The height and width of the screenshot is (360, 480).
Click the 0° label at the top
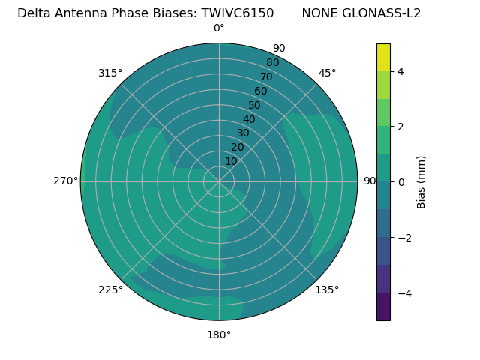click(219, 28)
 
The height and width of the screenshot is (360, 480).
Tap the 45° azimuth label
click(327, 73)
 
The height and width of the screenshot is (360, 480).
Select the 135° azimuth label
click(327, 289)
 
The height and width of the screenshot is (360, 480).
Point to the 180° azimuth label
click(219, 334)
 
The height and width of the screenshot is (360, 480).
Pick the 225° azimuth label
click(110, 289)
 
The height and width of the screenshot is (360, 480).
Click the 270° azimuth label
click(65, 181)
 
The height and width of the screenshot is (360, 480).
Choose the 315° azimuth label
click(110, 73)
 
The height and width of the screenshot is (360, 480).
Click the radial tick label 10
click(231, 161)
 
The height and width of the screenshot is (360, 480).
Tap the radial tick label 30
click(243, 133)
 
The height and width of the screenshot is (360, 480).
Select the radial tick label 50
click(255, 105)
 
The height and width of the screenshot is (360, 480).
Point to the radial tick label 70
click(266, 76)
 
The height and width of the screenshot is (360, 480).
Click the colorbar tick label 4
click(401, 71)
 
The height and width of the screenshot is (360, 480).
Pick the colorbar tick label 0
click(401, 181)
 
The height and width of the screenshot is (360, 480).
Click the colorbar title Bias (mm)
click(421, 181)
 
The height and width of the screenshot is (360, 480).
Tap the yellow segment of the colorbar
click(383, 58)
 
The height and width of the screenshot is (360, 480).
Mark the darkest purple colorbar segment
click(383, 306)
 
